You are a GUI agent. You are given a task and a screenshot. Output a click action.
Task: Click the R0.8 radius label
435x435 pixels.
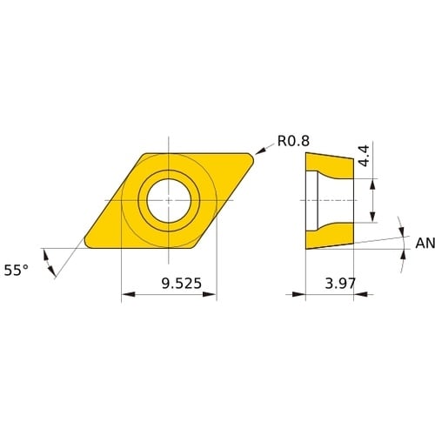point(293,141)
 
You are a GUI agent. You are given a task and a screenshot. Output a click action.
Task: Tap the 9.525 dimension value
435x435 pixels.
point(182,284)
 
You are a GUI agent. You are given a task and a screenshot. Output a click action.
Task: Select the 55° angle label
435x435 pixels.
point(17,271)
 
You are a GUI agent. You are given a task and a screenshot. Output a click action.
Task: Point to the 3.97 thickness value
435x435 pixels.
point(340,284)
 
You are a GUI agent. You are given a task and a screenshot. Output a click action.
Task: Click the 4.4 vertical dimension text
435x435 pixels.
point(364,156)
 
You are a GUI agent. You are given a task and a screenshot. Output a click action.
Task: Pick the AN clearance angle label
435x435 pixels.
point(425,244)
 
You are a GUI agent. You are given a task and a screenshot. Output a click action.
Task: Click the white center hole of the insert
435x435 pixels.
point(169,201)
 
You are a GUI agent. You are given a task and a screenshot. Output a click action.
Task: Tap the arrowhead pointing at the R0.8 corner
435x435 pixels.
point(260,151)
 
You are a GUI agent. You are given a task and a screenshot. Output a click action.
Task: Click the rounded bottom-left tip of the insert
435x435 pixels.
point(88,244)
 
